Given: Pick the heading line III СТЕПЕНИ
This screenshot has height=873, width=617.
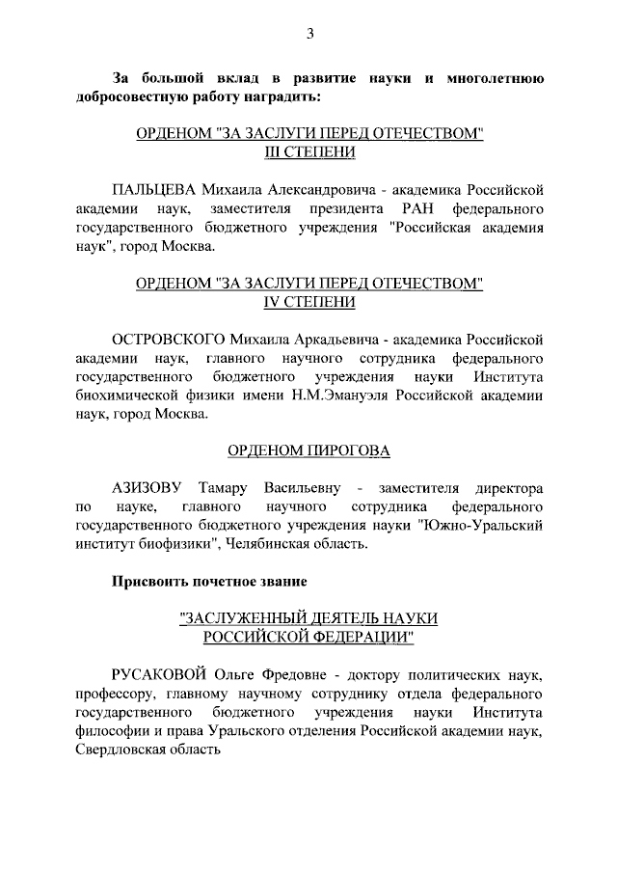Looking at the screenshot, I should pyautogui.click(x=309, y=151).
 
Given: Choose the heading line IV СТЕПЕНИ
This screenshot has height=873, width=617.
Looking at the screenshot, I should pyautogui.click(x=309, y=303).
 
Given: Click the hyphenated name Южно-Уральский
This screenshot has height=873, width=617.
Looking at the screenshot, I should pyautogui.click(x=481, y=526).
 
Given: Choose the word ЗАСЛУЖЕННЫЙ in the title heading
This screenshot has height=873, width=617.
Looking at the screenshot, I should pyautogui.click(x=252, y=617).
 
